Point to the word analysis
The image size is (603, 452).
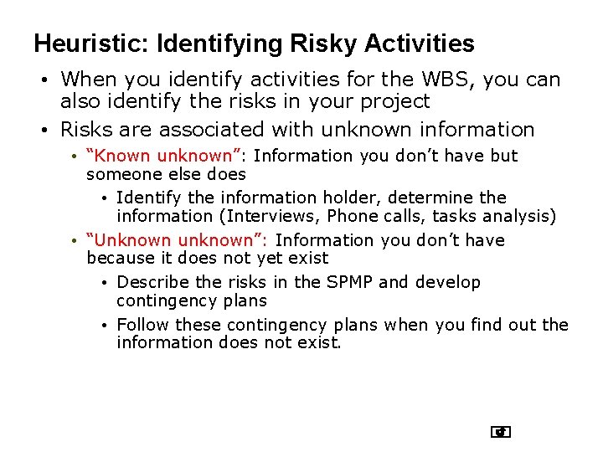[x=518, y=217]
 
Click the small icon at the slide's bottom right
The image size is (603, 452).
[x=501, y=432]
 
